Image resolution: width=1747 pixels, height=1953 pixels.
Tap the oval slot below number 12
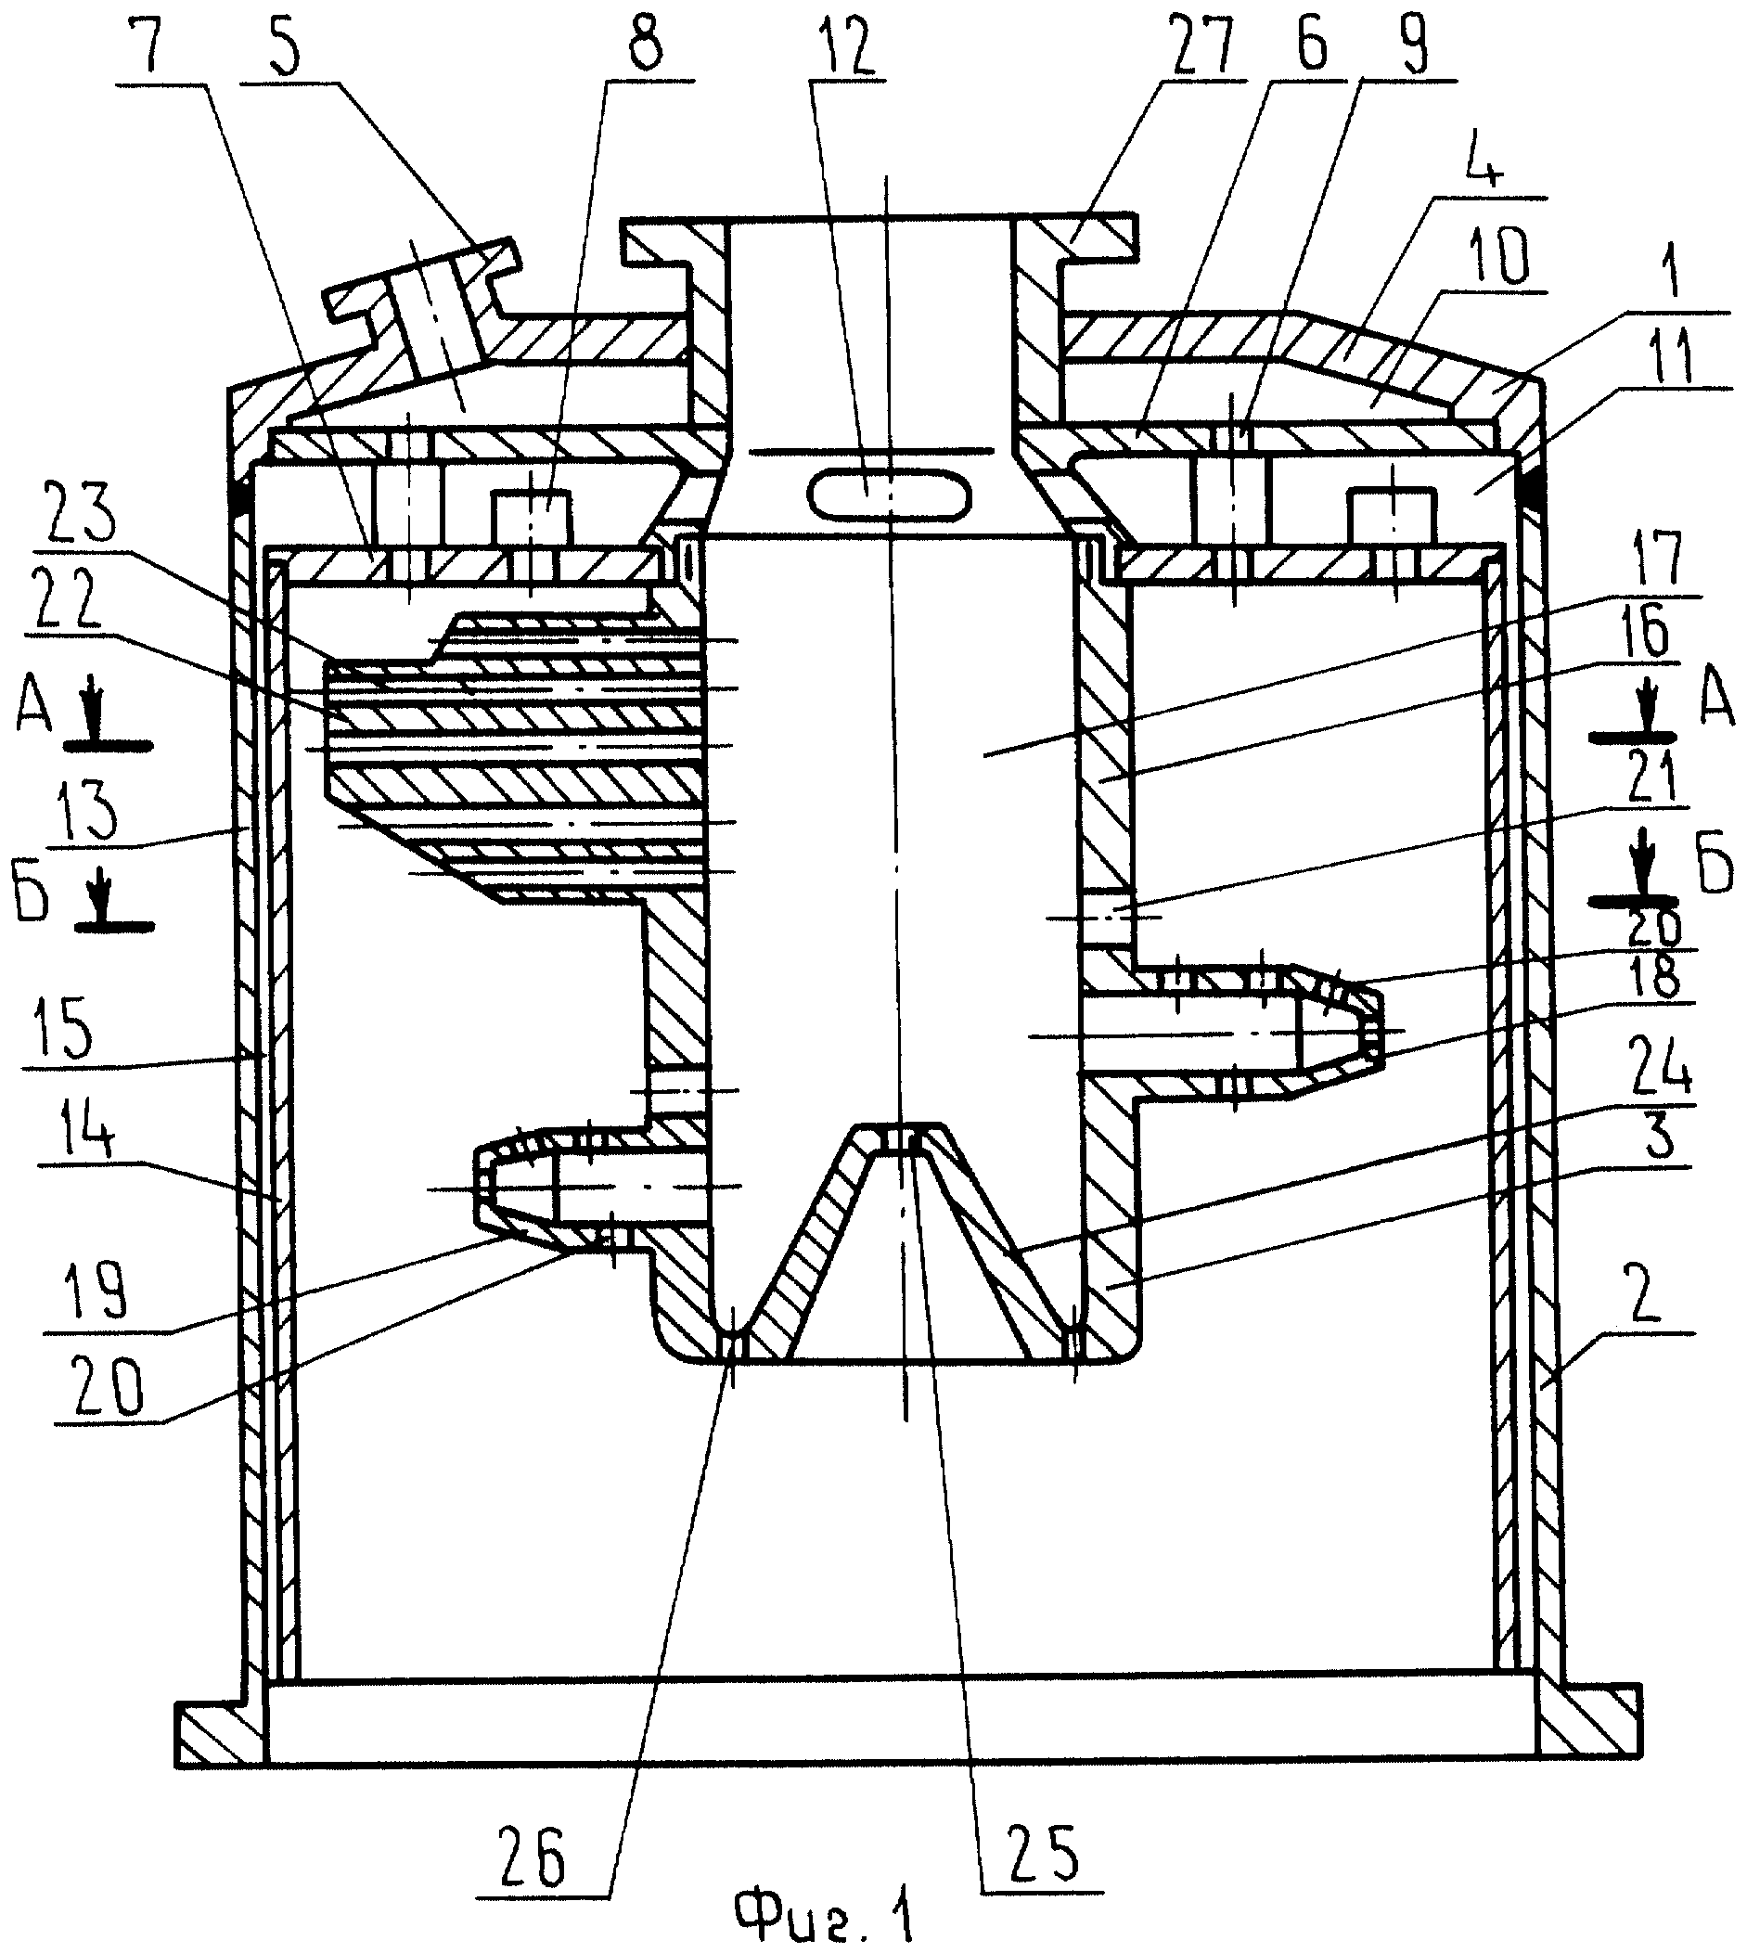888,495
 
